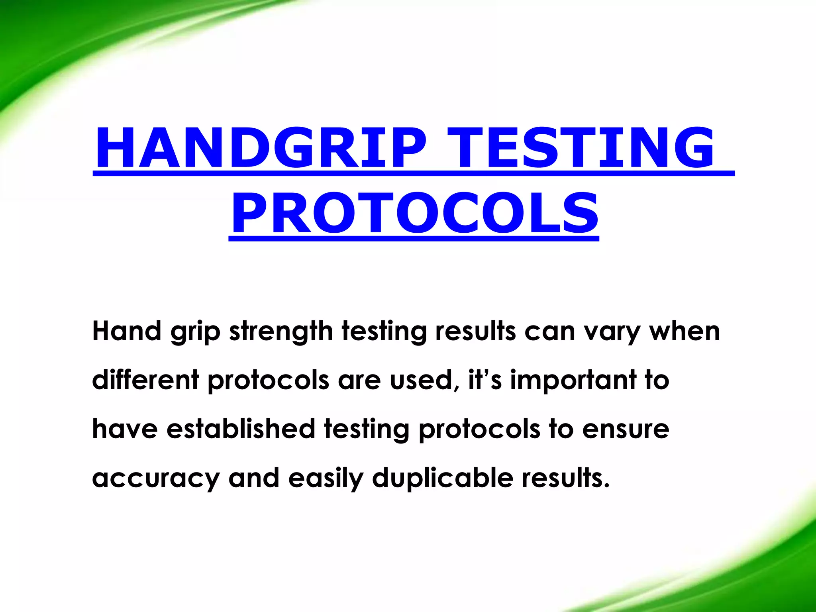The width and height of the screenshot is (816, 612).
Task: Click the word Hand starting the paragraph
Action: [x=126, y=331]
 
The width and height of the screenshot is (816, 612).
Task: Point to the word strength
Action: [x=281, y=332]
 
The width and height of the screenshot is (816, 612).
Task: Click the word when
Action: [x=685, y=331]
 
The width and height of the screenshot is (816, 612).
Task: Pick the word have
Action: [x=125, y=429]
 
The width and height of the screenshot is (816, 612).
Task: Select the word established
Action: [x=241, y=429]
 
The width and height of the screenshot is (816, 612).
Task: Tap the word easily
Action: [x=326, y=478]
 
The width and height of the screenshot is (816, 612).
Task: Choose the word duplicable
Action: [x=443, y=478]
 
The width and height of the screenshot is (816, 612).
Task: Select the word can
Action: [x=550, y=332]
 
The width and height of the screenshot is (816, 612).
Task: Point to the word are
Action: [x=359, y=380]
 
